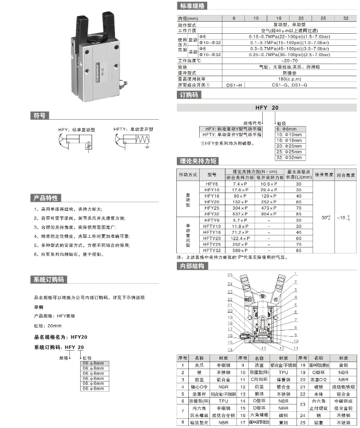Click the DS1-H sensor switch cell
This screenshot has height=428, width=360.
(x=235, y=85)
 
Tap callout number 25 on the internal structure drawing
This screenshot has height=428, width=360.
(x=230, y=276)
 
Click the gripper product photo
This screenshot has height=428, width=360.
(x=97, y=54)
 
